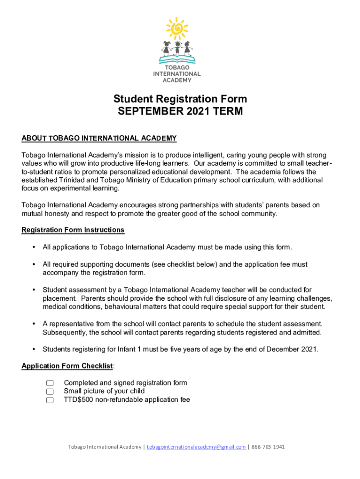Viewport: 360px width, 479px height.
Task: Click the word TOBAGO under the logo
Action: (x=177, y=68)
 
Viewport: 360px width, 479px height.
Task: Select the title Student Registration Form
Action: (x=180, y=99)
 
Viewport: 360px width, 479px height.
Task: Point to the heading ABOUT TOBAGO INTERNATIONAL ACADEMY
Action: (x=99, y=138)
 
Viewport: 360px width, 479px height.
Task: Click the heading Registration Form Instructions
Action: (x=73, y=230)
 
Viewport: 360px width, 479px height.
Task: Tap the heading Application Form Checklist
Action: (x=67, y=366)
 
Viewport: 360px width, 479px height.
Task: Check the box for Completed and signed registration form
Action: (x=50, y=383)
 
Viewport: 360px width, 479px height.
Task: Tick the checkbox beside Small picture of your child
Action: (x=50, y=392)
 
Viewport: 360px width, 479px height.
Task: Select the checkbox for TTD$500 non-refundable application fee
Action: (x=50, y=400)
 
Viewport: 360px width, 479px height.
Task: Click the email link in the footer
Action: (x=196, y=447)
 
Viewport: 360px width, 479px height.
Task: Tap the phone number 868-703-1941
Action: (x=268, y=447)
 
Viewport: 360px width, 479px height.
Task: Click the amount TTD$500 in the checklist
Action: (x=79, y=400)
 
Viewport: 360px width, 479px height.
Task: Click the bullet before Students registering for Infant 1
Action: (x=34, y=349)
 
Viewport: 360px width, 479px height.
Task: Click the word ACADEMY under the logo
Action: (x=177, y=80)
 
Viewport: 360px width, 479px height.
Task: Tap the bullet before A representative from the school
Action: (x=34, y=324)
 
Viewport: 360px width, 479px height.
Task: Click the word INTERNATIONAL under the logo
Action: (x=177, y=74)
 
